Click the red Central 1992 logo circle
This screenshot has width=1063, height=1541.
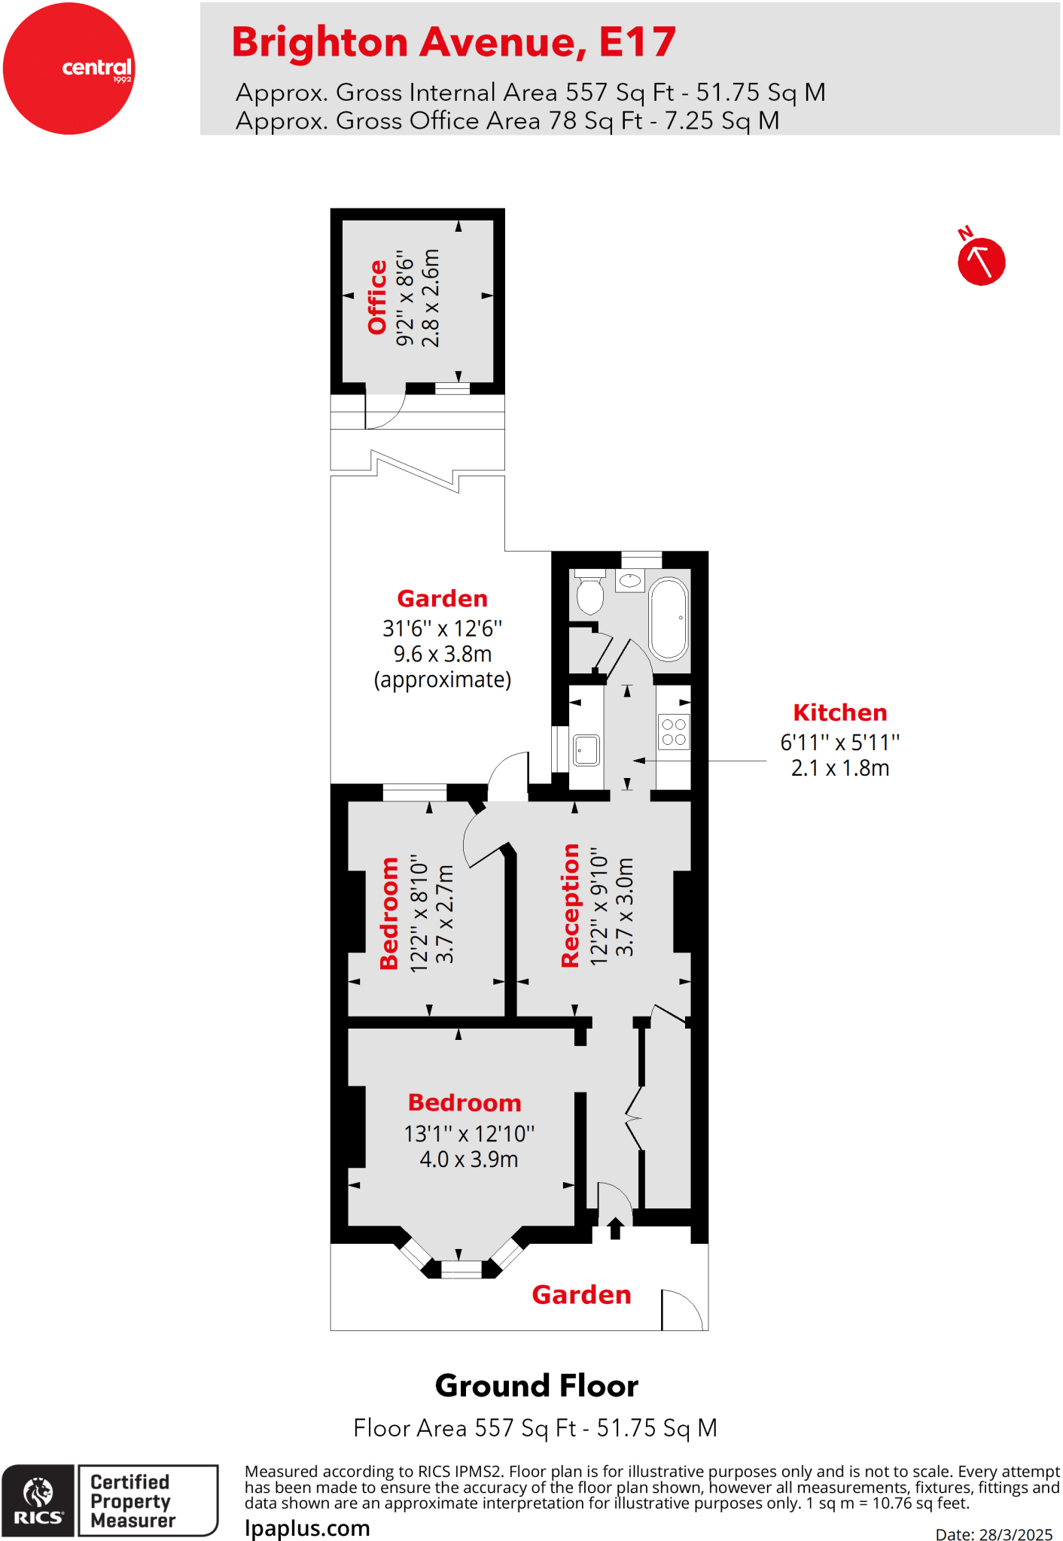point(69,68)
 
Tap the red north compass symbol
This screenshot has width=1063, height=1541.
point(981,261)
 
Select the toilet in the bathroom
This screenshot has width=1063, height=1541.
point(590,592)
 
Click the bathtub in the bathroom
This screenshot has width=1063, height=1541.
point(669,619)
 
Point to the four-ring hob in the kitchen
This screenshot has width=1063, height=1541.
point(674,732)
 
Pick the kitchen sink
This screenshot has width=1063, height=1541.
point(586,750)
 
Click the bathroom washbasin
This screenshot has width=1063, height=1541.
point(630,581)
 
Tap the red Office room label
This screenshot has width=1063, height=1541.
point(377,296)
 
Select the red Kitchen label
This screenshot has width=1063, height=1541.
point(839,713)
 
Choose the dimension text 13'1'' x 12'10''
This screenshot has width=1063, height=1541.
point(469,1133)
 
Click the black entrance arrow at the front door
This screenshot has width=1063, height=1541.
point(615,1229)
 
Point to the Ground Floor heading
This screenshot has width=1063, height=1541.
point(536,1386)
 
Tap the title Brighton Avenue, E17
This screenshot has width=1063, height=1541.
point(453,42)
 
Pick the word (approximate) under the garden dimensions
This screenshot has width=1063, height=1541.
point(443,680)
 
